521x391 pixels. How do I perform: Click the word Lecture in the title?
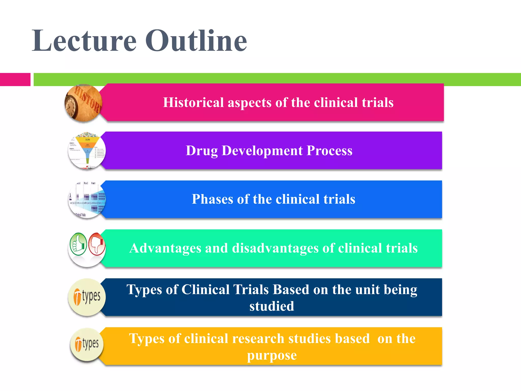coord(84,41)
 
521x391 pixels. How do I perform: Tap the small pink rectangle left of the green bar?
coord(15,79)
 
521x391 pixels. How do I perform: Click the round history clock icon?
coord(83,103)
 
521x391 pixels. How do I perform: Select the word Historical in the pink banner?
coord(193,103)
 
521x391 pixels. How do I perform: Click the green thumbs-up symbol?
coord(78,244)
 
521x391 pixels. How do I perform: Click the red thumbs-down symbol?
coord(97,244)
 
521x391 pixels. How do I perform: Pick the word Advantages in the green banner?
coord(165,248)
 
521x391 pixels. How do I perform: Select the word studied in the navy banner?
coord(271,306)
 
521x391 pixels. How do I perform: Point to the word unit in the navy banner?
coord(367,290)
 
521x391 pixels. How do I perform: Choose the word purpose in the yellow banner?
coord(272,356)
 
